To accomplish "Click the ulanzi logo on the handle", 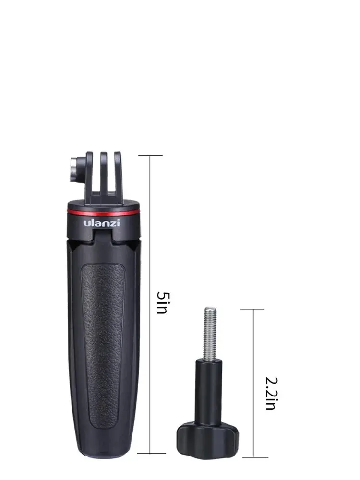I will tap(102, 223).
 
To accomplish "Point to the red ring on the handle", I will tap(102, 212).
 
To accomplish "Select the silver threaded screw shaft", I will tap(210, 334).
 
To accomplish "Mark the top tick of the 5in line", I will tap(150, 155).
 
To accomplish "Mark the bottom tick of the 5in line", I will tap(151, 453).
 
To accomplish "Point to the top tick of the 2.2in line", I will tap(253, 309).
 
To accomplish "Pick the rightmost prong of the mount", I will tap(118, 175).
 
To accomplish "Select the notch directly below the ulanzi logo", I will tap(102, 234).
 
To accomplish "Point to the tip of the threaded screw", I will tap(210, 310).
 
